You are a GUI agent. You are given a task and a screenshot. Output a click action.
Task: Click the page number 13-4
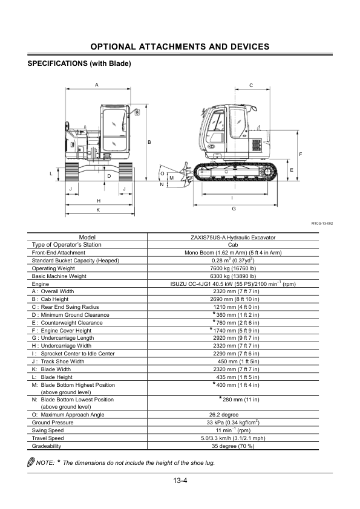tap(180, 481)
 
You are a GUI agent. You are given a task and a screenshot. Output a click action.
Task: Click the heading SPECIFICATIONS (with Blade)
tap(79, 63)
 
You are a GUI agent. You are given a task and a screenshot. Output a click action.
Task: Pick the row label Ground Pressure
tap(53, 423)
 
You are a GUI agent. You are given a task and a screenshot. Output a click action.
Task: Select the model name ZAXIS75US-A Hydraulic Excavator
tap(233, 238)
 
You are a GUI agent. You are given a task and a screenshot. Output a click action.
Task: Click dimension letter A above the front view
tap(97, 85)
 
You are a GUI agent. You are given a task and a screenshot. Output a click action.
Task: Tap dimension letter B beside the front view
tap(149, 142)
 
